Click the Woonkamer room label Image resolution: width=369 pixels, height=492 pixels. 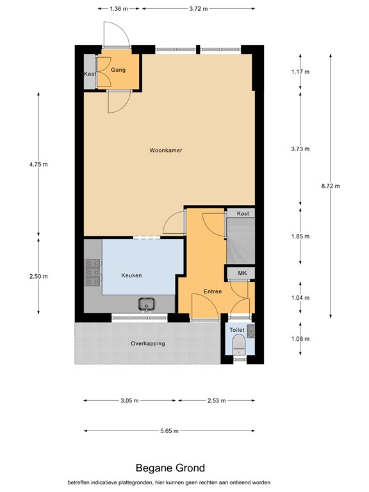(x=166, y=151)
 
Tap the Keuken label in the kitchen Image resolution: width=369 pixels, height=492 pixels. (x=131, y=275)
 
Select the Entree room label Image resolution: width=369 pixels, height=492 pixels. (x=213, y=291)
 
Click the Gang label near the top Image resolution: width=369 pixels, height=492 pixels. (x=118, y=69)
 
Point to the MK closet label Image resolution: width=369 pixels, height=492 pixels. (x=242, y=274)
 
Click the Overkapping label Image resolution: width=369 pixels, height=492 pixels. (x=148, y=343)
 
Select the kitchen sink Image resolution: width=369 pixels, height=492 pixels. (x=147, y=303)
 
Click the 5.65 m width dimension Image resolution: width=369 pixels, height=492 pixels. (x=169, y=431)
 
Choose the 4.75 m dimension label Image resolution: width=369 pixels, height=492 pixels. (x=38, y=165)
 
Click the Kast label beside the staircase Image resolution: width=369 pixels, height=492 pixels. (x=243, y=213)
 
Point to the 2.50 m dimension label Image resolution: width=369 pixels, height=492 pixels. (x=38, y=276)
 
